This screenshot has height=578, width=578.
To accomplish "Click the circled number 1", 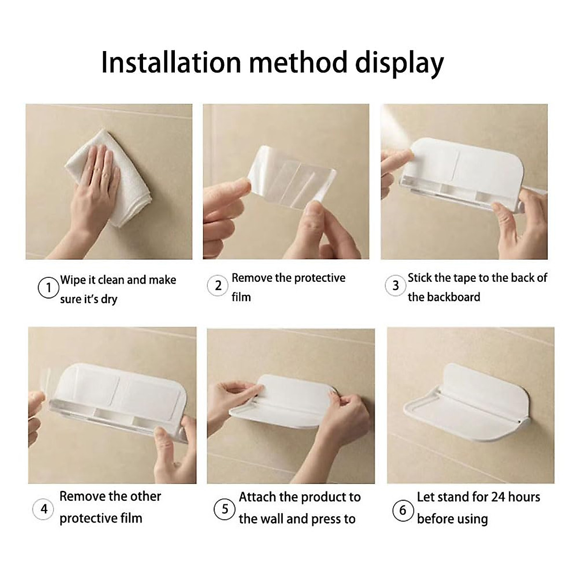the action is [49, 288].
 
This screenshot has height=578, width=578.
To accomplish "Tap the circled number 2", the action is [218, 286].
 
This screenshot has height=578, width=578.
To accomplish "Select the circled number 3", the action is [395, 286].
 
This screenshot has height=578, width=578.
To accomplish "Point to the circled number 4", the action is [44, 509].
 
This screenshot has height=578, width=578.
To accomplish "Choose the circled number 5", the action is [224, 509].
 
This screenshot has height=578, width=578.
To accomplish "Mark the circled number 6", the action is [403, 510].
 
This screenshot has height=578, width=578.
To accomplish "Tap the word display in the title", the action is [399, 64].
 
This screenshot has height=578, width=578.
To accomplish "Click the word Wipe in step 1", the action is [73, 280].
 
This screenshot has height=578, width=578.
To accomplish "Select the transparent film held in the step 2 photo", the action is [292, 177].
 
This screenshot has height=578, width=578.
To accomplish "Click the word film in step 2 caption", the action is [241, 297].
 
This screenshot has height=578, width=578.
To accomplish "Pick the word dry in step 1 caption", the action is [109, 300].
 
